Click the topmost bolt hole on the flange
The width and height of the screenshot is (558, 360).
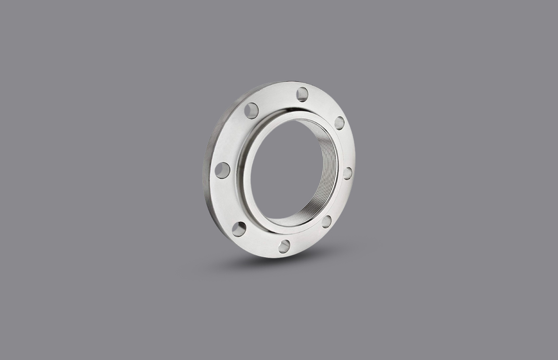pyautogui.click(x=302, y=94)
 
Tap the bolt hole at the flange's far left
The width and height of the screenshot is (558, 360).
pyautogui.click(x=222, y=170)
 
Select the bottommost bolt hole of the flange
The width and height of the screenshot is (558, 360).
pyautogui.click(x=285, y=246)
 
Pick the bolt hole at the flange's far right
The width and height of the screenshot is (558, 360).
pyautogui.click(x=347, y=173)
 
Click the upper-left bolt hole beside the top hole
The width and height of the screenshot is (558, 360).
pyautogui.click(x=251, y=110)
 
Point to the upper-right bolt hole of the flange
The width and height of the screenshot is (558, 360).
pyautogui.click(x=339, y=123)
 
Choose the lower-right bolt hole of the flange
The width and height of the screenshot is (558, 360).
pyautogui.click(x=327, y=221)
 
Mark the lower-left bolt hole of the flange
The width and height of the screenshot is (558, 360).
pyautogui.click(x=239, y=229)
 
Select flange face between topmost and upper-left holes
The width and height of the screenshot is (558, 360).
pyautogui.click(x=276, y=97)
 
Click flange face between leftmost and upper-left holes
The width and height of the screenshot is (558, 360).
pyautogui.click(x=232, y=138)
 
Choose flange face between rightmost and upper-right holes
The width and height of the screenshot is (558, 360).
pyautogui.click(x=346, y=148)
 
